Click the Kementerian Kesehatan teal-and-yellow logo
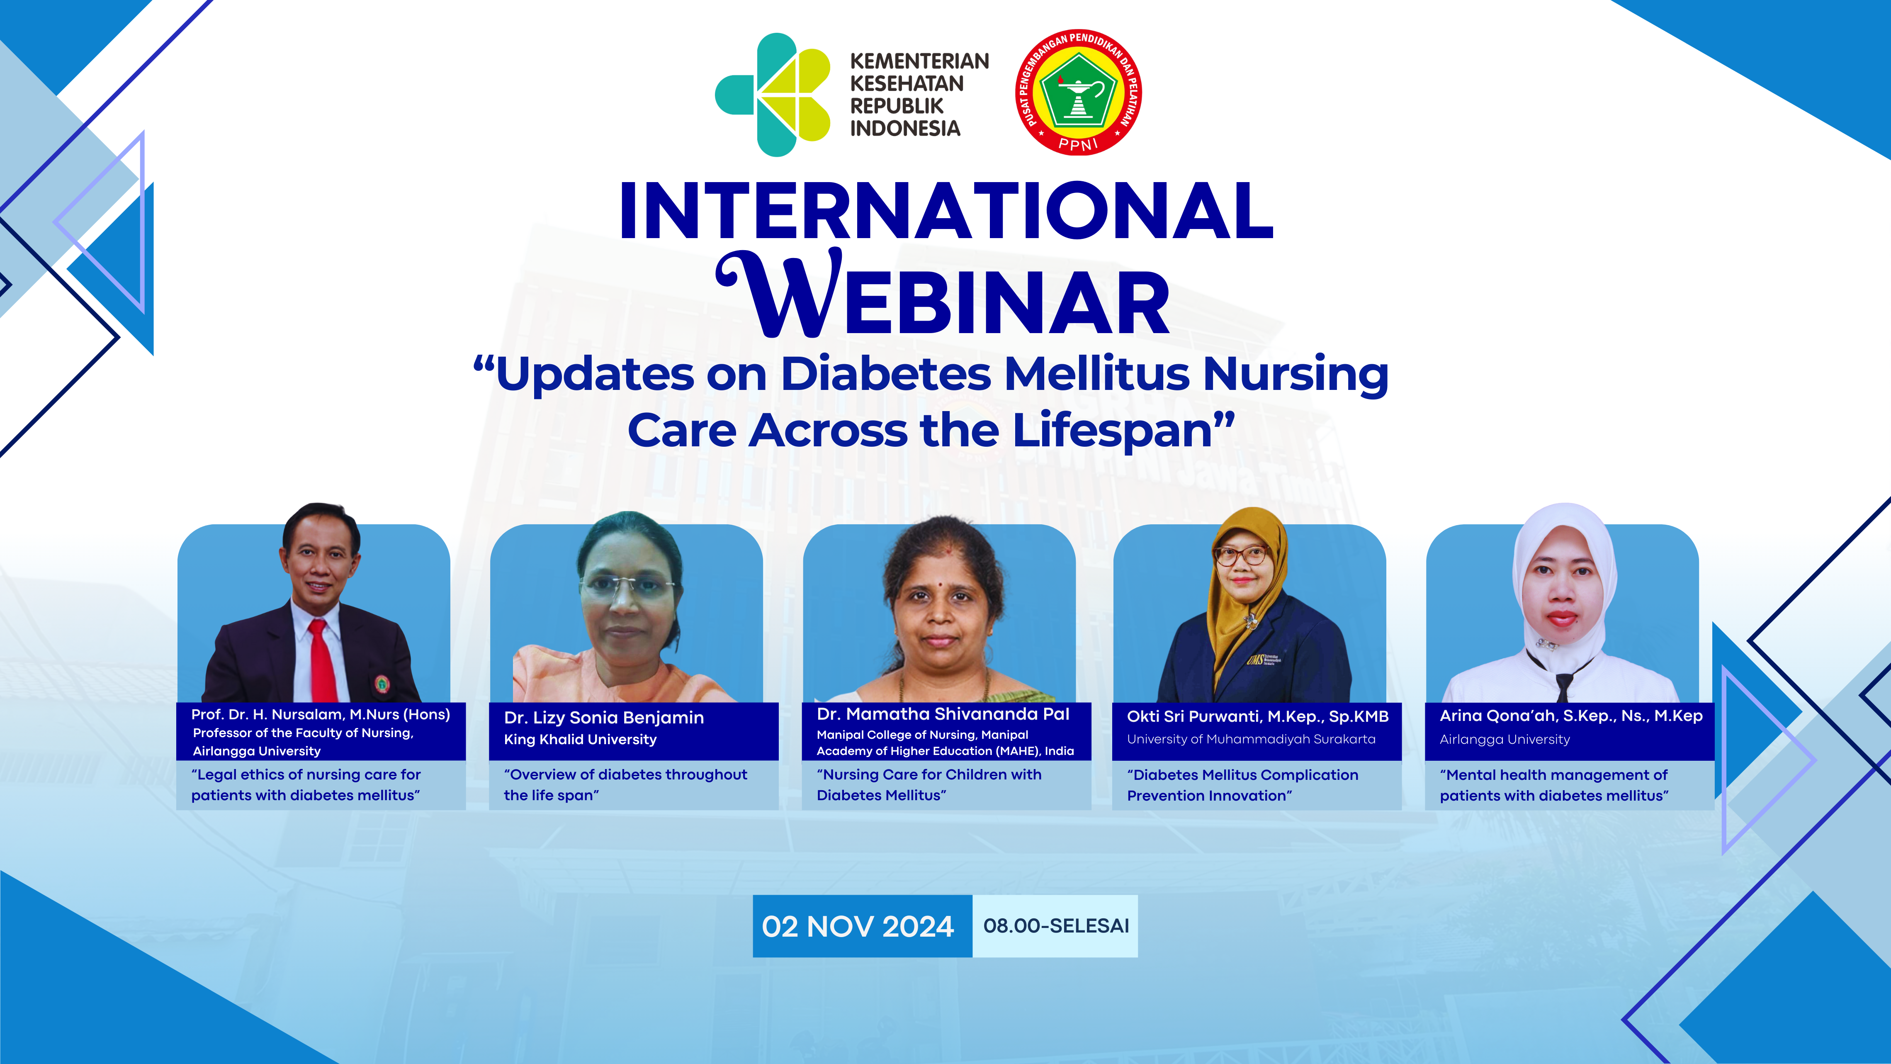(772, 95)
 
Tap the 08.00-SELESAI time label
(1056, 926)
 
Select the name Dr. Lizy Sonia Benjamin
(603, 718)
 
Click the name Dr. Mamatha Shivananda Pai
(943, 714)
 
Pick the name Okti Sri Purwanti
(1193, 717)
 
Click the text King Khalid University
(580, 740)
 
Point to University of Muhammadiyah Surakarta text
(1251, 740)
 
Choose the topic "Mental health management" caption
(1554, 785)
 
